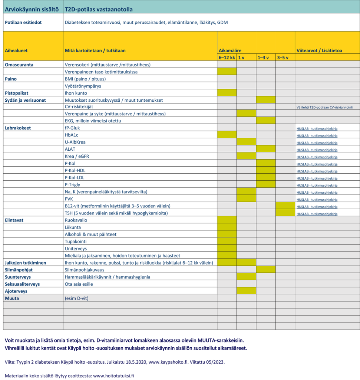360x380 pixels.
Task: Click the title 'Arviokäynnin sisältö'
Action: pyautogui.click(x=32, y=9)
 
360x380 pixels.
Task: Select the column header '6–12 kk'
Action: pyautogui.click(x=227, y=58)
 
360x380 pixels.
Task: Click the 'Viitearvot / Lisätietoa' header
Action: pyautogui.click(x=319, y=50)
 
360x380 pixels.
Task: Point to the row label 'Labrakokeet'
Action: pyautogui.click(x=18, y=128)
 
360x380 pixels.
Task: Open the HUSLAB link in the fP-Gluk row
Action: pyautogui.click(x=317, y=128)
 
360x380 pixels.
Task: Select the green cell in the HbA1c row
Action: pyautogui.click(x=227, y=135)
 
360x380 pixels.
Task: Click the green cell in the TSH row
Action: pyautogui.click(x=285, y=213)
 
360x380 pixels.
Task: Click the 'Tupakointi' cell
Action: pyautogui.click(x=76, y=241)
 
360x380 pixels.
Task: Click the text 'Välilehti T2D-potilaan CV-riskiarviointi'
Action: pyautogui.click(x=325, y=107)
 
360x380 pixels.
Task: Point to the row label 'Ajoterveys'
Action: pyautogui.click(x=17, y=291)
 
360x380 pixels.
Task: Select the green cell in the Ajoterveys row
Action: pyautogui.click(x=246, y=291)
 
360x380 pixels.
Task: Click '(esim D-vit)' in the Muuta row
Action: pyautogui.click(x=76, y=298)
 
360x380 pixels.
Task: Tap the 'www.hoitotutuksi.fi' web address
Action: pyautogui.click(x=113, y=375)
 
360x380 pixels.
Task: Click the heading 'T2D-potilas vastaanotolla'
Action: pyautogui.click(x=99, y=9)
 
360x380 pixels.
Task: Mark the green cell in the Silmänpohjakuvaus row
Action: pyautogui.click(x=266, y=270)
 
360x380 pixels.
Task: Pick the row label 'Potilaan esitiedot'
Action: pyautogui.click(x=23, y=22)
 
